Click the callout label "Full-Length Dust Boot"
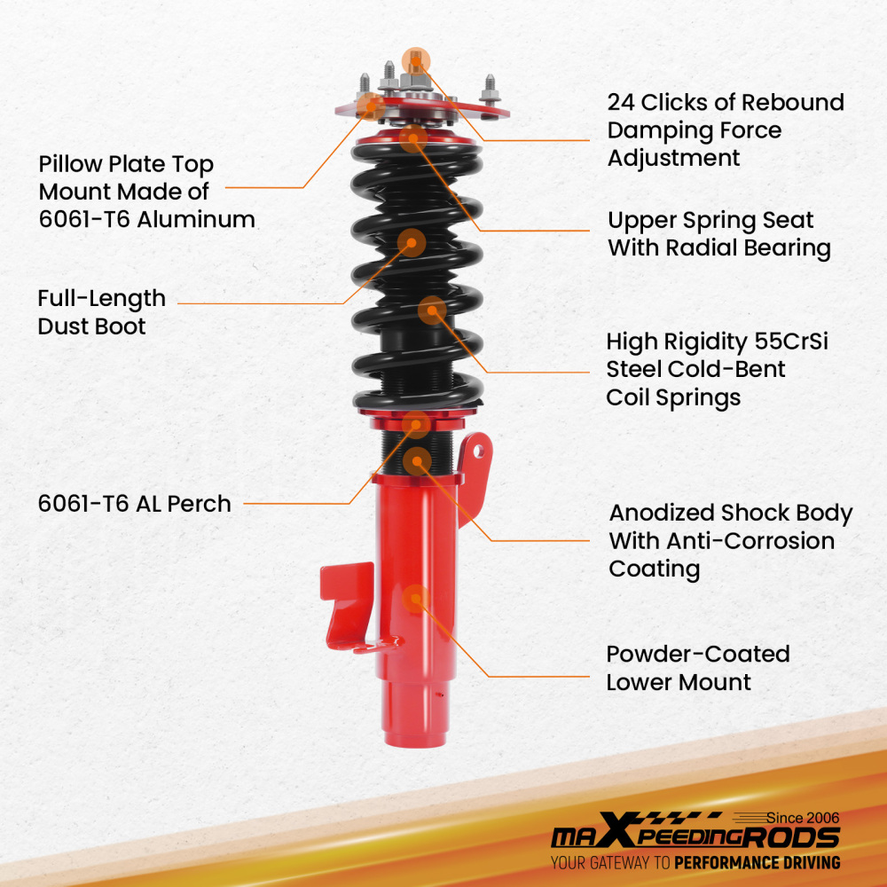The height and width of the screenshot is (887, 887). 101,312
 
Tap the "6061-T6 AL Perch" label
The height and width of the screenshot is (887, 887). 134,504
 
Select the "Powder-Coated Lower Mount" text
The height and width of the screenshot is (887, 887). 697,668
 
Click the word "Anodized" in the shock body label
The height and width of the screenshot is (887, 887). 661,514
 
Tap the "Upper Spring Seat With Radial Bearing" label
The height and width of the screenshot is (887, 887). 718,233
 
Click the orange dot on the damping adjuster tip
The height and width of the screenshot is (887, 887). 415,60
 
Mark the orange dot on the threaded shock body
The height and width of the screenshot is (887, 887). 417,460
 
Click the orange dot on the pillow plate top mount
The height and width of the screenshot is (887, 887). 373,107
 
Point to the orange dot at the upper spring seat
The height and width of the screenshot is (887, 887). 412,137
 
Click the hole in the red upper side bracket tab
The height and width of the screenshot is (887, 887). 479,451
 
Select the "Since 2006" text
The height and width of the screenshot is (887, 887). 804,818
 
